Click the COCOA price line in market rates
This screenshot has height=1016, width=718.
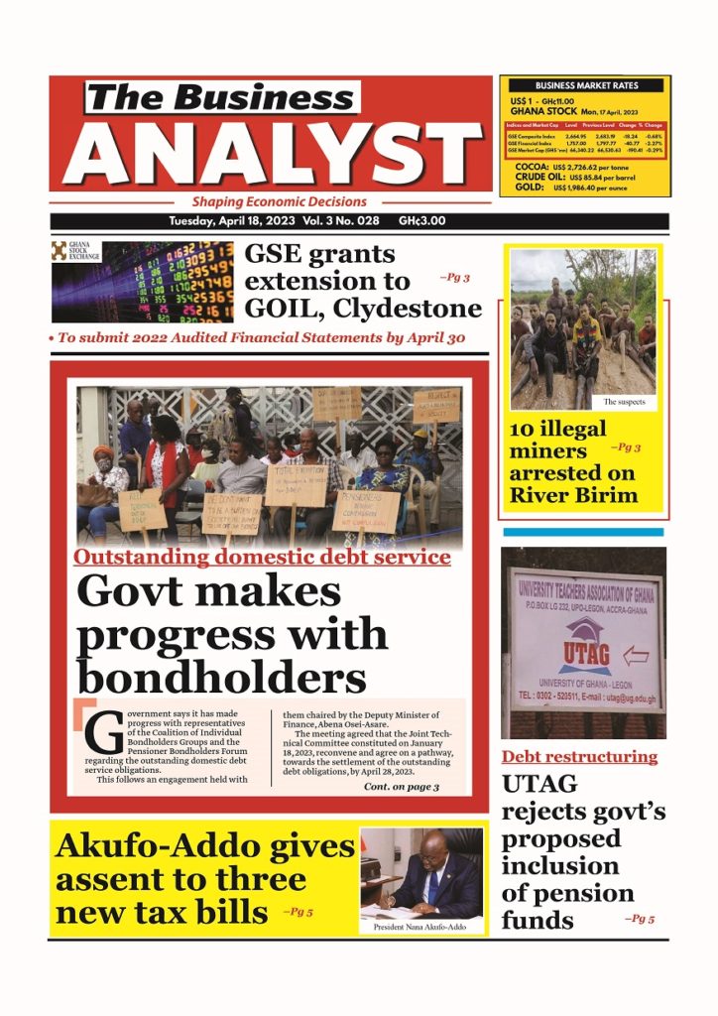(584, 166)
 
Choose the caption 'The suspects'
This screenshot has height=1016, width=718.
(625, 403)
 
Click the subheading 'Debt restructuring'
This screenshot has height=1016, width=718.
(579, 757)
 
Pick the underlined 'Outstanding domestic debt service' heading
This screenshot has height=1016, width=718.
(262, 558)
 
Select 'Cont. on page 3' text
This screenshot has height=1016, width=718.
(402, 787)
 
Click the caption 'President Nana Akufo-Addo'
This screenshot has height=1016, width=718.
(421, 926)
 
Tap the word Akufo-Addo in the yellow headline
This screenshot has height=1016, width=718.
(205, 846)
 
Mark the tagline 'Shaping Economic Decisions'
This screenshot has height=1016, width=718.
(279, 201)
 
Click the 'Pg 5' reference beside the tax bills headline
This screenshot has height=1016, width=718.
(299, 910)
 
